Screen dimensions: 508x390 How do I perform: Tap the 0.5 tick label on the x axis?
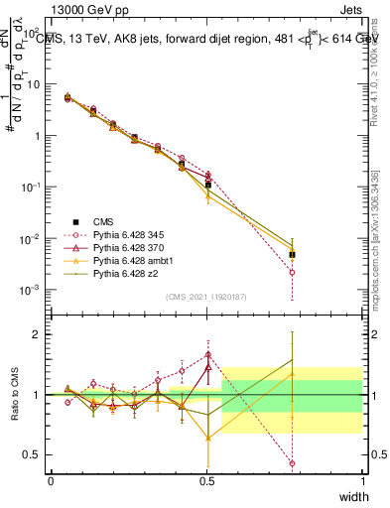pyautogui.click(x=206, y=481)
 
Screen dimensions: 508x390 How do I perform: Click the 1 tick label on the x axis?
pyautogui.click(x=363, y=481)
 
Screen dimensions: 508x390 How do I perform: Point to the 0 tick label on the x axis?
pyautogui.click(x=51, y=481)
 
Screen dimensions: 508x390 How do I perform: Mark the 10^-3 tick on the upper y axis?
pyautogui.click(x=30, y=291)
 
